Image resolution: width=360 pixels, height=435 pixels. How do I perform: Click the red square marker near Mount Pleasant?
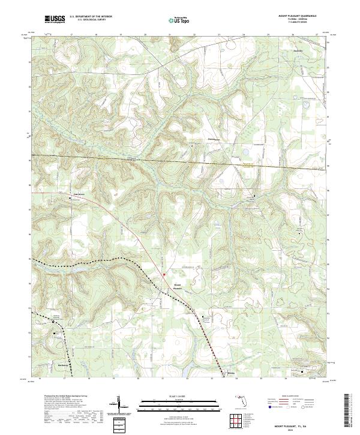pyautogui.click(x=164, y=275)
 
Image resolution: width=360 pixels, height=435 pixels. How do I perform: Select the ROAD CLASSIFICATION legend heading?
pyautogui.click(x=291, y=397)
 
